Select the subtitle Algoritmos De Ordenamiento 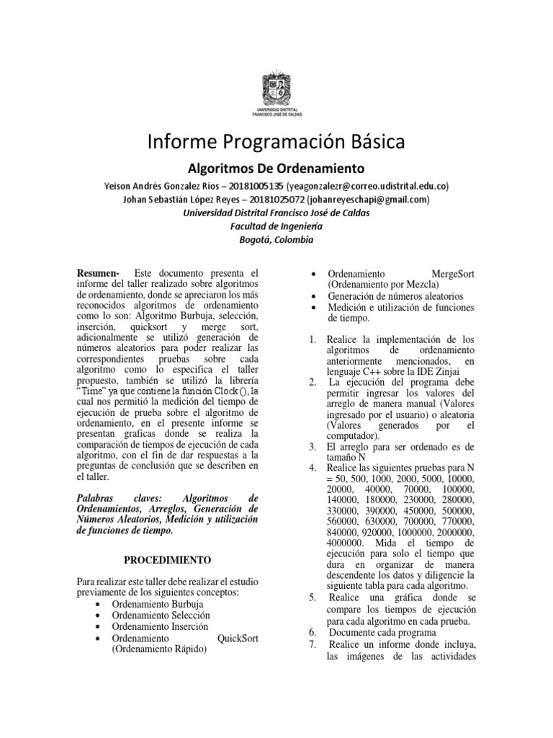coord(276,169)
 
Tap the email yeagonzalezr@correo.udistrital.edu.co coord(367,185)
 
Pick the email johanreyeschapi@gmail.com coord(368,199)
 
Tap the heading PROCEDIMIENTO coord(166,559)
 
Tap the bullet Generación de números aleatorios coord(395,296)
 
